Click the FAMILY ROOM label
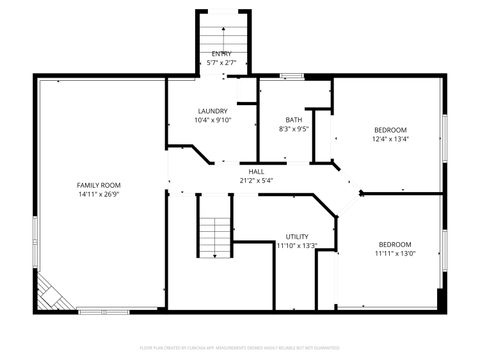pyautogui.click(x=98, y=185)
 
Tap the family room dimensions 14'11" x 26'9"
pyautogui.click(x=98, y=195)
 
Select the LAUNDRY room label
pyautogui.click(x=212, y=111)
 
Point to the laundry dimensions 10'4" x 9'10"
pyautogui.click(x=212, y=120)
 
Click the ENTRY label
pyautogui.click(x=220, y=53)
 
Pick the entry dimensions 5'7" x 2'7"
pyautogui.click(x=220, y=62)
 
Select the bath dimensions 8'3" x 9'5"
pyautogui.click(x=293, y=128)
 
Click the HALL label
pyautogui.click(x=256, y=171)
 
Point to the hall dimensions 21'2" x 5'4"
pyautogui.click(x=256, y=180)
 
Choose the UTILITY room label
pyautogui.click(x=296, y=236)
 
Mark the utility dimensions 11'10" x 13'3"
pyautogui.click(x=296, y=245)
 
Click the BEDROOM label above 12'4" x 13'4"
pyautogui.click(x=390, y=130)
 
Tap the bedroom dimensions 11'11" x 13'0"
pyautogui.click(x=393, y=253)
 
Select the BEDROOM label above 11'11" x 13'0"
pyautogui.click(x=393, y=244)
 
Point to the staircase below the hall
pyautogui.click(x=214, y=225)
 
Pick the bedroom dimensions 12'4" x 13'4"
pyautogui.click(x=390, y=139)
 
